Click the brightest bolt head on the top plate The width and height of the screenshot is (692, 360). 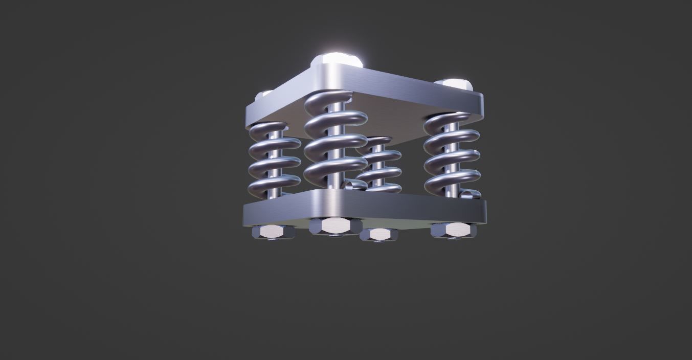[x=337, y=59]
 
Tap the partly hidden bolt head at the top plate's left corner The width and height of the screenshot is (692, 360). [x=265, y=94]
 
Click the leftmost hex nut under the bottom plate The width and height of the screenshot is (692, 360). [x=274, y=232]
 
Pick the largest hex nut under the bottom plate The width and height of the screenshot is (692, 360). [x=336, y=226]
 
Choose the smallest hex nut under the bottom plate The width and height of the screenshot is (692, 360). [x=379, y=234]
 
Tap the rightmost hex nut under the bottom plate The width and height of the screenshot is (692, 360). [x=453, y=230]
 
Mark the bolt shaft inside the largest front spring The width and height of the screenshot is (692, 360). [x=336, y=153]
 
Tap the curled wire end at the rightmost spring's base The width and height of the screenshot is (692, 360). [x=470, y=194]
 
